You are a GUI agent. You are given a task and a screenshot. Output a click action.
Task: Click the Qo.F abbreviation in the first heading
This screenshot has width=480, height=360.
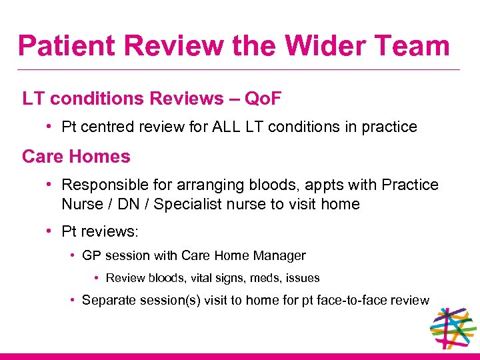coord(263,99)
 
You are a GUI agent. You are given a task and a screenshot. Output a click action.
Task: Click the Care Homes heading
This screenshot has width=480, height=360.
coord(76,157)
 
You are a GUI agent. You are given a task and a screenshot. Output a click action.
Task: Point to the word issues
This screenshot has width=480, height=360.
coord(301,277)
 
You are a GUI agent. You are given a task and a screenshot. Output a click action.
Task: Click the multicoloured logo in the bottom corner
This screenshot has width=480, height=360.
coord(453,328)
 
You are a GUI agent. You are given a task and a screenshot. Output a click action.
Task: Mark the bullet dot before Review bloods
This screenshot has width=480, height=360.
coord(97,277)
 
